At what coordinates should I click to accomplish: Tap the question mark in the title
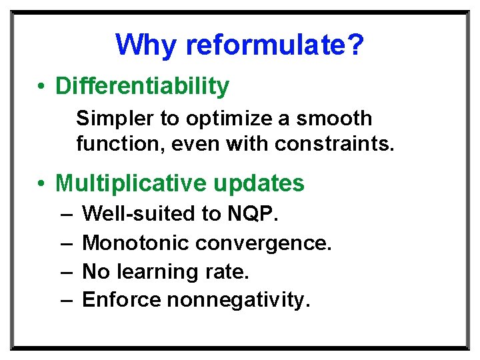pyautogui.click(x=355, y=45)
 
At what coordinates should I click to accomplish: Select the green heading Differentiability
pyautogui.click(x=142, y=86)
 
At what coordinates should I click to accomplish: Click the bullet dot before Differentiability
pyautogui.click(x=41, y=87)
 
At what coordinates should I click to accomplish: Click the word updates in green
pyautogui.click(x=265, y=183)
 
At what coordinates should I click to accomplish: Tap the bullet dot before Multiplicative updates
pyautogui.click(x=41, y=183)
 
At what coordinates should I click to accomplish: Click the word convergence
pyautogui.click(x=263, y=243)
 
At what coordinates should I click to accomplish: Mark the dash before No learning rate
pyautogui.click(x=65, y=272)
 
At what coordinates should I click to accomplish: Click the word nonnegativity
pyautogui.click(x=238, y=300)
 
